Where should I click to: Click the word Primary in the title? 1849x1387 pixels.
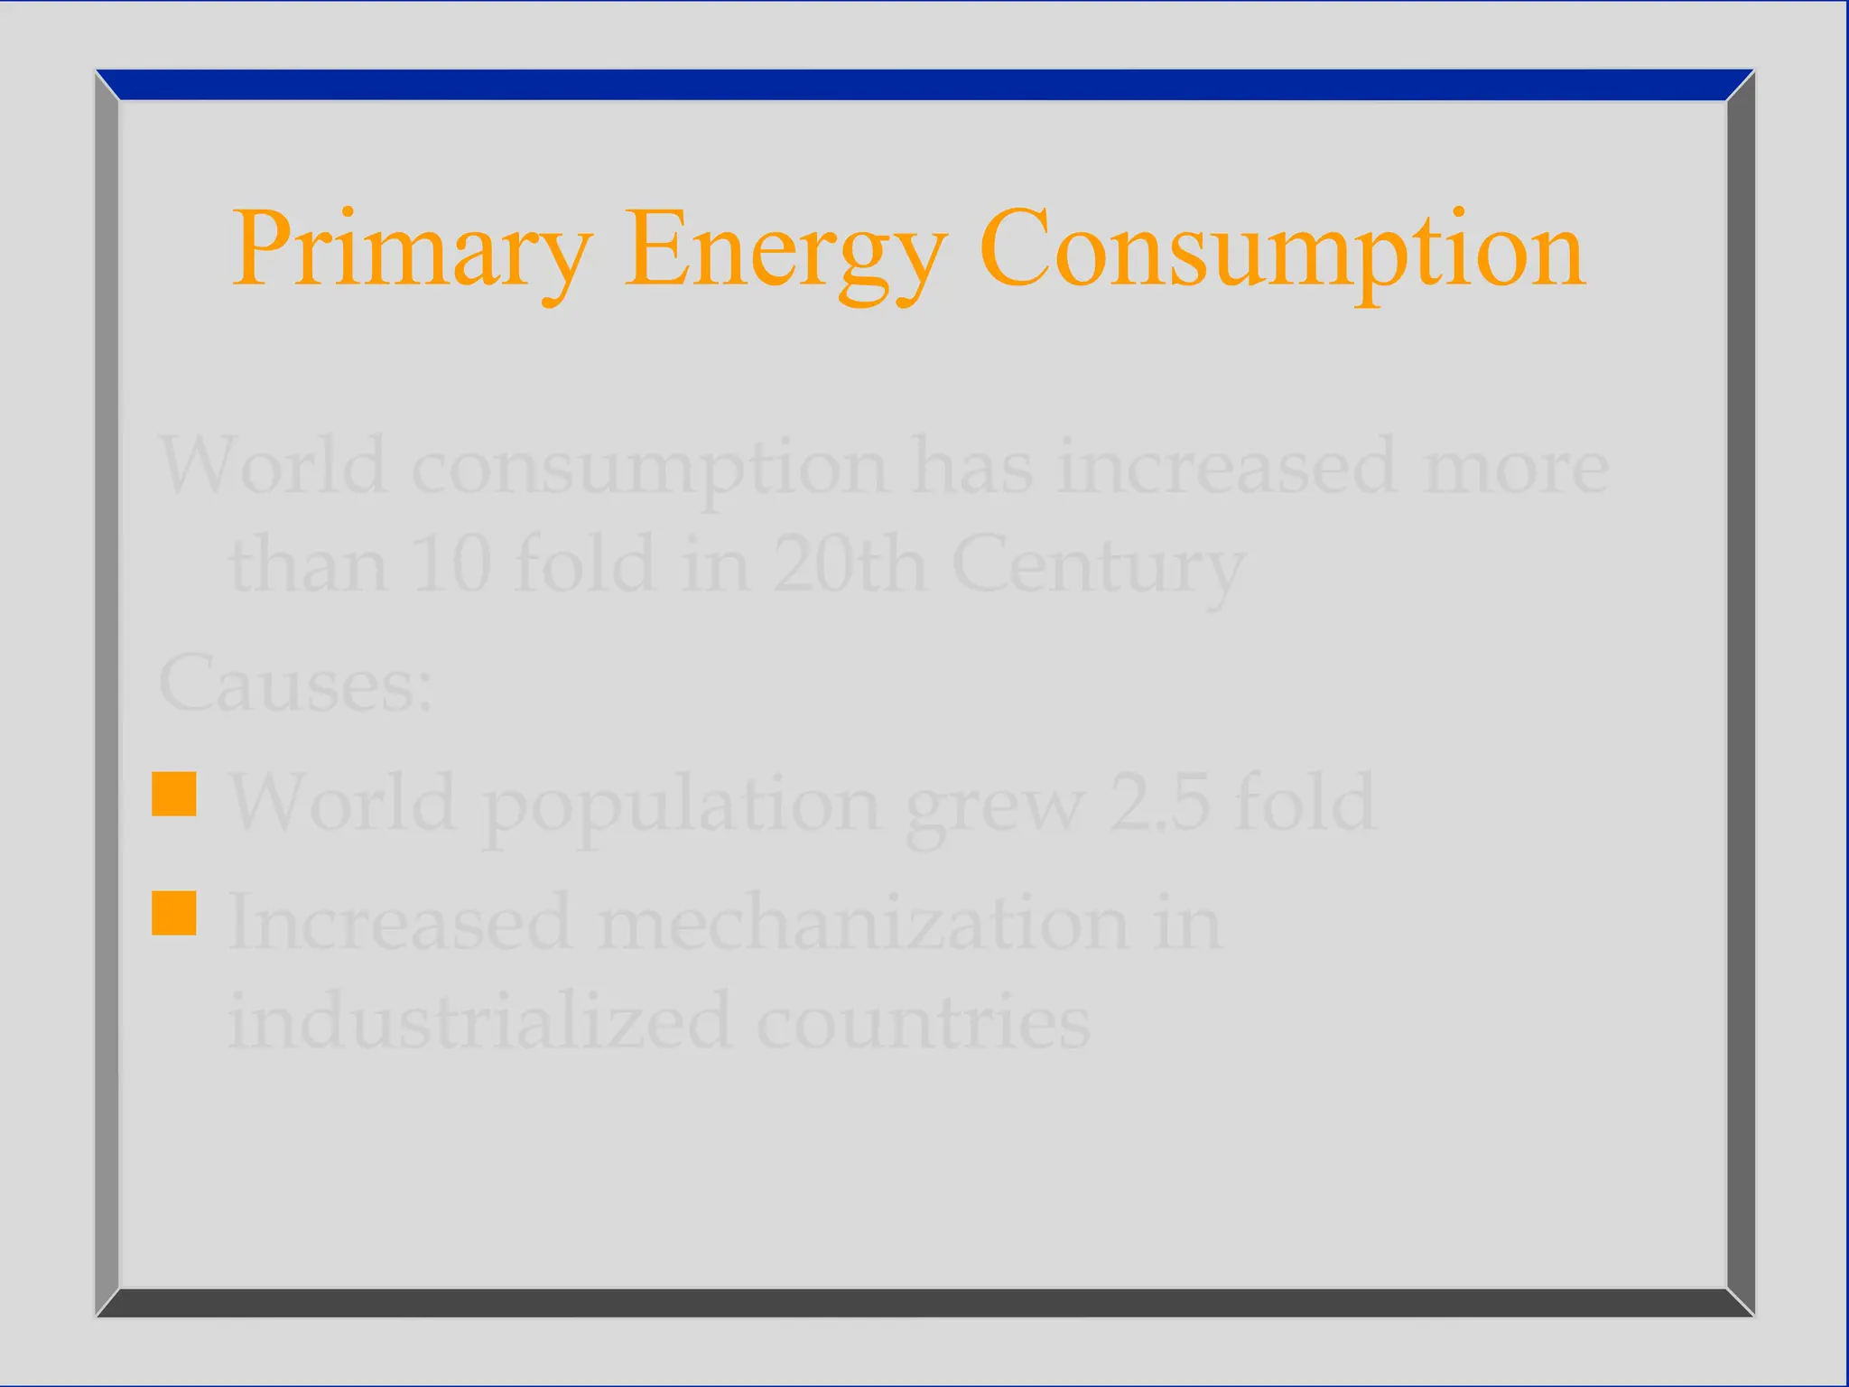tap(412, 248)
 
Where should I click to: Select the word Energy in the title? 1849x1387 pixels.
tap(785, 248)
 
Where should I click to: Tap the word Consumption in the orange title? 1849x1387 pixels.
tap(1282, 248)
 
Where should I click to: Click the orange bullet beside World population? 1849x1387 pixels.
tap(174, 795)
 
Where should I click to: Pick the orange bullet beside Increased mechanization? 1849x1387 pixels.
tap(174, 913)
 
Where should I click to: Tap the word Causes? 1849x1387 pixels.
tap(295, 684)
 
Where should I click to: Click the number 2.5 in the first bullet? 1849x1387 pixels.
tap(1159, 802)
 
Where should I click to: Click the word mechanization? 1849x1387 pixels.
tap(862, 923)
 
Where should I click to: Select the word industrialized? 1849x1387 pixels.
tap(479, 1021)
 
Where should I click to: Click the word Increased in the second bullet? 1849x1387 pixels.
tap(400, 923)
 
